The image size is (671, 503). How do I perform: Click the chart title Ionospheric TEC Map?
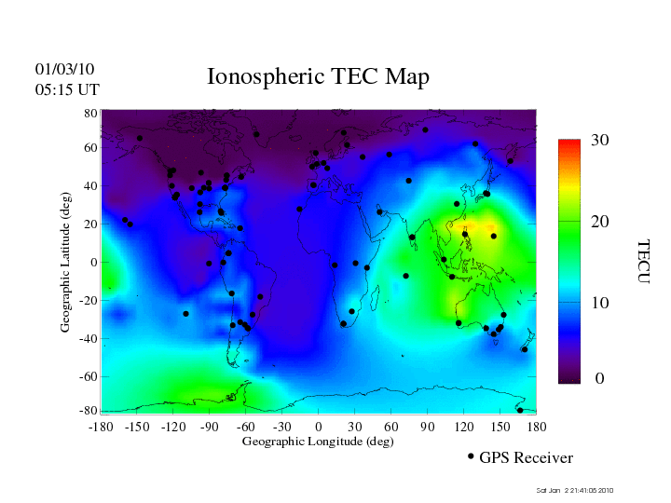318,77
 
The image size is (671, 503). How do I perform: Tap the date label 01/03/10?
64,69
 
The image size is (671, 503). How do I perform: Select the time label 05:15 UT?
67,89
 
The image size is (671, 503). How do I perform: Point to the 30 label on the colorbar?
600,141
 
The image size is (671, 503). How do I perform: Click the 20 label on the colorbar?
600,224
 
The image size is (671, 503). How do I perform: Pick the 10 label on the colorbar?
600,303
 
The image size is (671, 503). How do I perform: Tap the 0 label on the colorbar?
600,379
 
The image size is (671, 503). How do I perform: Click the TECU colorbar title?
643,262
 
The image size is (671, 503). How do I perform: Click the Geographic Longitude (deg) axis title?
318,442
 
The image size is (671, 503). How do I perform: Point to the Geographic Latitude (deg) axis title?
66,268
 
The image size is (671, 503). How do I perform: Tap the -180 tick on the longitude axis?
101,426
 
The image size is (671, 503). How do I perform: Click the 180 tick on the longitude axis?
537,426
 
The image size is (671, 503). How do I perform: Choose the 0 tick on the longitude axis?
319,426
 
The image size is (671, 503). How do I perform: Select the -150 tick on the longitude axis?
137,426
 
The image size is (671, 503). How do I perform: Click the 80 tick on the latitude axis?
91,113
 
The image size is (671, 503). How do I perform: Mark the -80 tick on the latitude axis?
89,411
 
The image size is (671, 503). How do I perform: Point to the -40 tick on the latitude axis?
89,338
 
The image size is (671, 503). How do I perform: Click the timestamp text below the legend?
575,491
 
